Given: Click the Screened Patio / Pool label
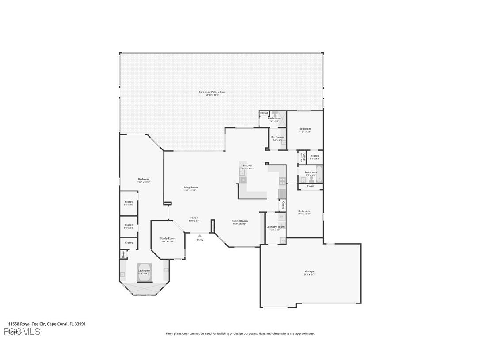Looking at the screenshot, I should (212, 92).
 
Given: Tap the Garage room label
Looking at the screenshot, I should (309, 272).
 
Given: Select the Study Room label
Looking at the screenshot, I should (168, 239).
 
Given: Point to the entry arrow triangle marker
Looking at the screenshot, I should (200, 236).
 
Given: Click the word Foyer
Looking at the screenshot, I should (194, 218).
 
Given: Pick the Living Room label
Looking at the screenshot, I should (190, 187).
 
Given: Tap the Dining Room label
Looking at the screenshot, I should (240, 221).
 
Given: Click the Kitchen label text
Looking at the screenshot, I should (248, 165).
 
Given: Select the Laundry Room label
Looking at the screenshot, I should (273, 227).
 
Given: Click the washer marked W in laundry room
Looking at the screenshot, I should (281, 217).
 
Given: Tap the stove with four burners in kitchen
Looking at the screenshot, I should (282, 181).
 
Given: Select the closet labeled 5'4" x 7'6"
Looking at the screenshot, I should (129, 203).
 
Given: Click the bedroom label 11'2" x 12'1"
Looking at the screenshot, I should (305, 129).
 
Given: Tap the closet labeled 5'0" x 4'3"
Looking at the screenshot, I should (315, 157).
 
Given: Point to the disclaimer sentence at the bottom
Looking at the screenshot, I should (240, 333).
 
